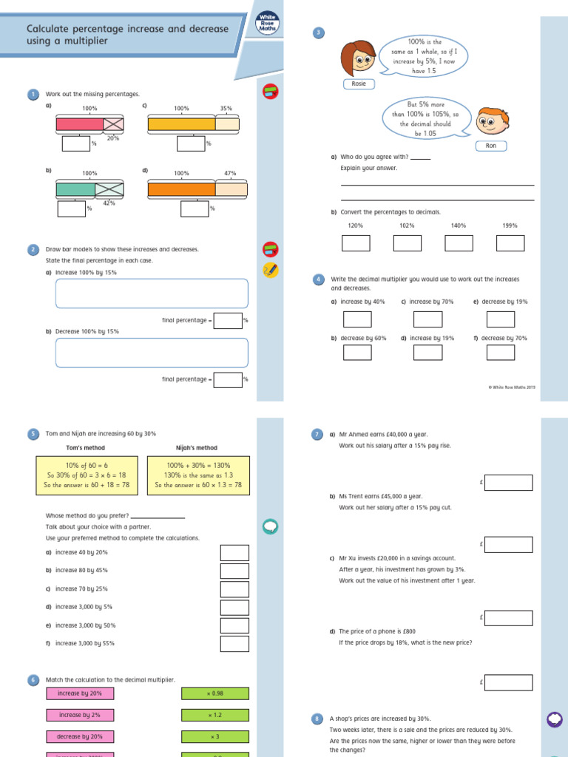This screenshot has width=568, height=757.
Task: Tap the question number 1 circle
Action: [x=33, y=94]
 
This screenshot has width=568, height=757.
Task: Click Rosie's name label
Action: [x=359, y=84]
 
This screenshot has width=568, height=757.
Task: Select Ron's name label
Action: [x=490, y=146]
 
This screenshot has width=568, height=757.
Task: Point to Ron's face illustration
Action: [x=487, y=122]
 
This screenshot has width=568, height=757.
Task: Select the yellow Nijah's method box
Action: [x=197, y=475]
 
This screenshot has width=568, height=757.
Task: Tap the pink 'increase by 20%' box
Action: [x=80, y=693]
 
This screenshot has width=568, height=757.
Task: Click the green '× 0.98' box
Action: [x=215, y=693]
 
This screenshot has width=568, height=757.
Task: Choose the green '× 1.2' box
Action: [x=215, y=715]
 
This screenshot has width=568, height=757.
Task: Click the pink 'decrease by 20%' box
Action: [x=80, y=736]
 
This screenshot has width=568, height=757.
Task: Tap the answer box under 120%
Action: [x=356, y=242]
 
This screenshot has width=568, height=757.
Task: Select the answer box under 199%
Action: [x=510, y=242]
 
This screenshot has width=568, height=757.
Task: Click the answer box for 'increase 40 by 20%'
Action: [x=234, y=553]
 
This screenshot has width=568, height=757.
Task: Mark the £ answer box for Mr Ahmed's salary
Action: [x=509, y=483]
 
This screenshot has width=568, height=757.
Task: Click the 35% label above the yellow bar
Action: [x=226, y=108]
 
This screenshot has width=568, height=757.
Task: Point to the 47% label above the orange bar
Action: [x=230, y=173]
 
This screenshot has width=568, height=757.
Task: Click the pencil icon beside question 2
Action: [x=270, y=270]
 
